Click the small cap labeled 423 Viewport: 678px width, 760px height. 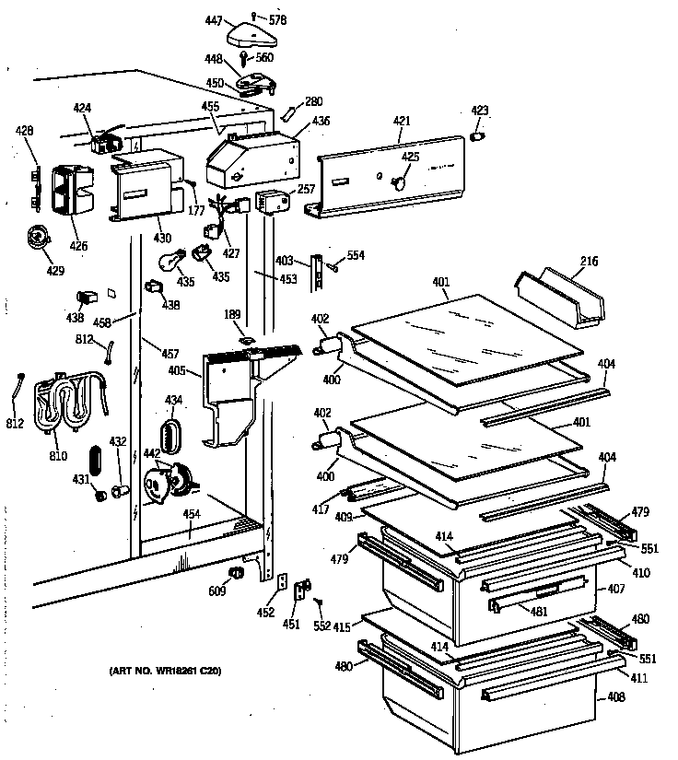tap(478, 136)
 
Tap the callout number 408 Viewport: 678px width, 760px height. tap(615, 697)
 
